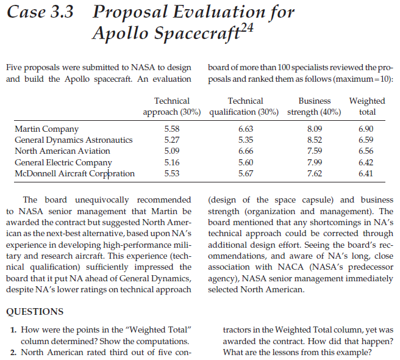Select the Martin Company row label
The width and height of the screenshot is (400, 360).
coord(46,129)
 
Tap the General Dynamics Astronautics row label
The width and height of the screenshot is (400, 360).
coord(73,140)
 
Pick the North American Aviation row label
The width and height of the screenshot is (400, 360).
coord(62,151)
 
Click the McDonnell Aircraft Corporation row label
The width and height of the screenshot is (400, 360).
coord(74,173)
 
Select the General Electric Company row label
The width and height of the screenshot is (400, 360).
coord(63,162)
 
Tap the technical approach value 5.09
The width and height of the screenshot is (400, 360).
coord(172,151)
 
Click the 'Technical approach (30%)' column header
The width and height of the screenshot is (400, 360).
coord(172,106)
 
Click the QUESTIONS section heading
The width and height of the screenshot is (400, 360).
coord(34,312)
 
